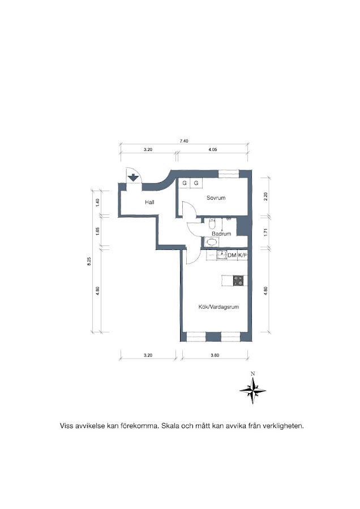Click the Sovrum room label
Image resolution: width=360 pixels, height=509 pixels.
[216, 198]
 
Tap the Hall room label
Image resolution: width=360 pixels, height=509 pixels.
[149, 202]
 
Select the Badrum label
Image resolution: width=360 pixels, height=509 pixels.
[221, 234]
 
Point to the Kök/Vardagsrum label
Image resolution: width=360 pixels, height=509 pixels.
[218, 307]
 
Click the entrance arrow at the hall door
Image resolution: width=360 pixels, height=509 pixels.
[133, 178]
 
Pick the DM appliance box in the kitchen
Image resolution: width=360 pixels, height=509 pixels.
[232, 256]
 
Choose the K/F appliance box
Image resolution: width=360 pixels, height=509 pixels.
[242, 256]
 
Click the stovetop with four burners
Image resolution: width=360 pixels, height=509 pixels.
[238, 281]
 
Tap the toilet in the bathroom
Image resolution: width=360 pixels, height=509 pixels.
[212, 223]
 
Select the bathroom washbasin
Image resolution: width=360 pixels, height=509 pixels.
[212, 242]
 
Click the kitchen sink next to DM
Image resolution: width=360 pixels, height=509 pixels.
[222, 256]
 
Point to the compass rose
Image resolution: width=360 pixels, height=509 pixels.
[253, 390]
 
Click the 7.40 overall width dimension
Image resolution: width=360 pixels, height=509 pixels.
[184, 141]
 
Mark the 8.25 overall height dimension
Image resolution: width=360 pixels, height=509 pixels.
[89, 262]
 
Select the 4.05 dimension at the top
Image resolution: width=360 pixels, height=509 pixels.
[212, 150]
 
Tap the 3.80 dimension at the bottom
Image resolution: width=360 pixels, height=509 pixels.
[215, 355]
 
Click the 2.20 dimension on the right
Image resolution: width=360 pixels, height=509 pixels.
[265, 197]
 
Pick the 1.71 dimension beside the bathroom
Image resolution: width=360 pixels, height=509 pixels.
[265, 232]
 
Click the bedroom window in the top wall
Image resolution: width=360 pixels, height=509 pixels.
[229, 174]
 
